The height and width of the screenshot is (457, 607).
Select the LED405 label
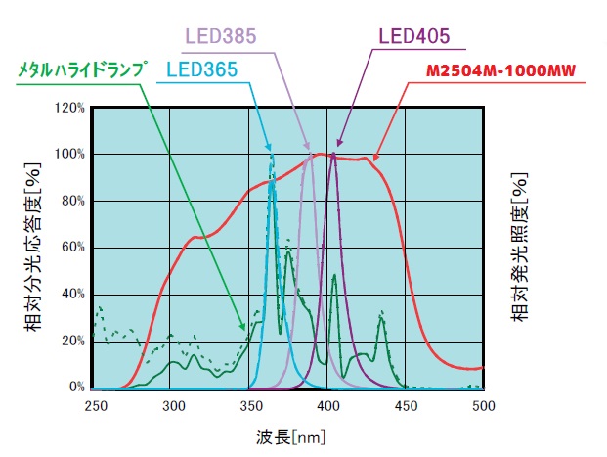pos(413,36)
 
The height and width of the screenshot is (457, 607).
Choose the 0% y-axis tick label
pos(75,388)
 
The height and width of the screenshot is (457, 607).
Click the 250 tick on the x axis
pos(95,405)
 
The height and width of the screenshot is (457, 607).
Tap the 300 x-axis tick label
pos(172,405)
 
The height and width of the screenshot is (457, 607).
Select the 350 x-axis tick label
pos(249,405)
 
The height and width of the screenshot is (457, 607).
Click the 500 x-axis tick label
pos(482,405)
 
